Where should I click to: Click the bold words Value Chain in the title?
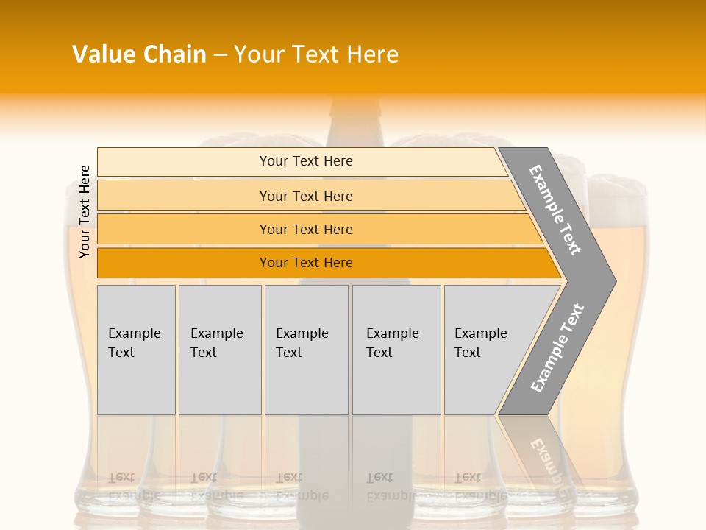[x=139, y=54]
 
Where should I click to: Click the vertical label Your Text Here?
[x=85, y=211]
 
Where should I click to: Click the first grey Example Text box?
[x=136, y=350]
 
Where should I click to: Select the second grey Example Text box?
[x=220, y=350]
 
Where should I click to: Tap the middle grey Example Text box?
[x=306, y=350]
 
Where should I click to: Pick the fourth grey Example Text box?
[x=396, y=350]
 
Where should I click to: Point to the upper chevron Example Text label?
[x=555, y=210]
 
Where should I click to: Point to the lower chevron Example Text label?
[x=557, y=348]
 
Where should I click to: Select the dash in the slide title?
[x=220, y=54]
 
